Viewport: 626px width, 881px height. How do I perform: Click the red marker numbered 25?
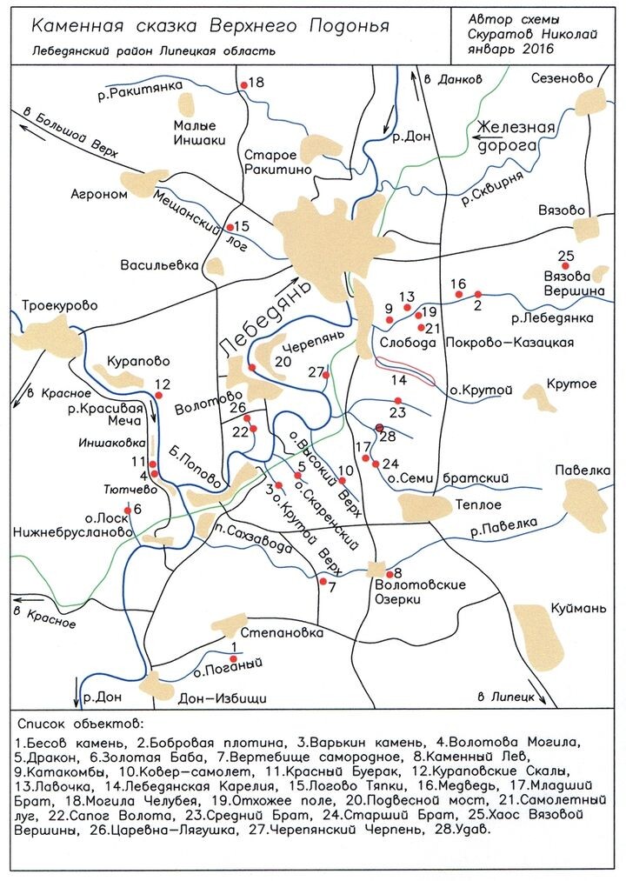click(x=565, y=266)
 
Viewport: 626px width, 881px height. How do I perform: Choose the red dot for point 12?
click(x=158, y=395)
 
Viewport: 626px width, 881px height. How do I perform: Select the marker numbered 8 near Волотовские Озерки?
click(x=388, y=572)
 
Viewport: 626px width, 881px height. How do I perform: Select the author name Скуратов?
click(x=502, y=33)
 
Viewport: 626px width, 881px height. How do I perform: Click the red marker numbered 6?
click(x=128, y=511)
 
